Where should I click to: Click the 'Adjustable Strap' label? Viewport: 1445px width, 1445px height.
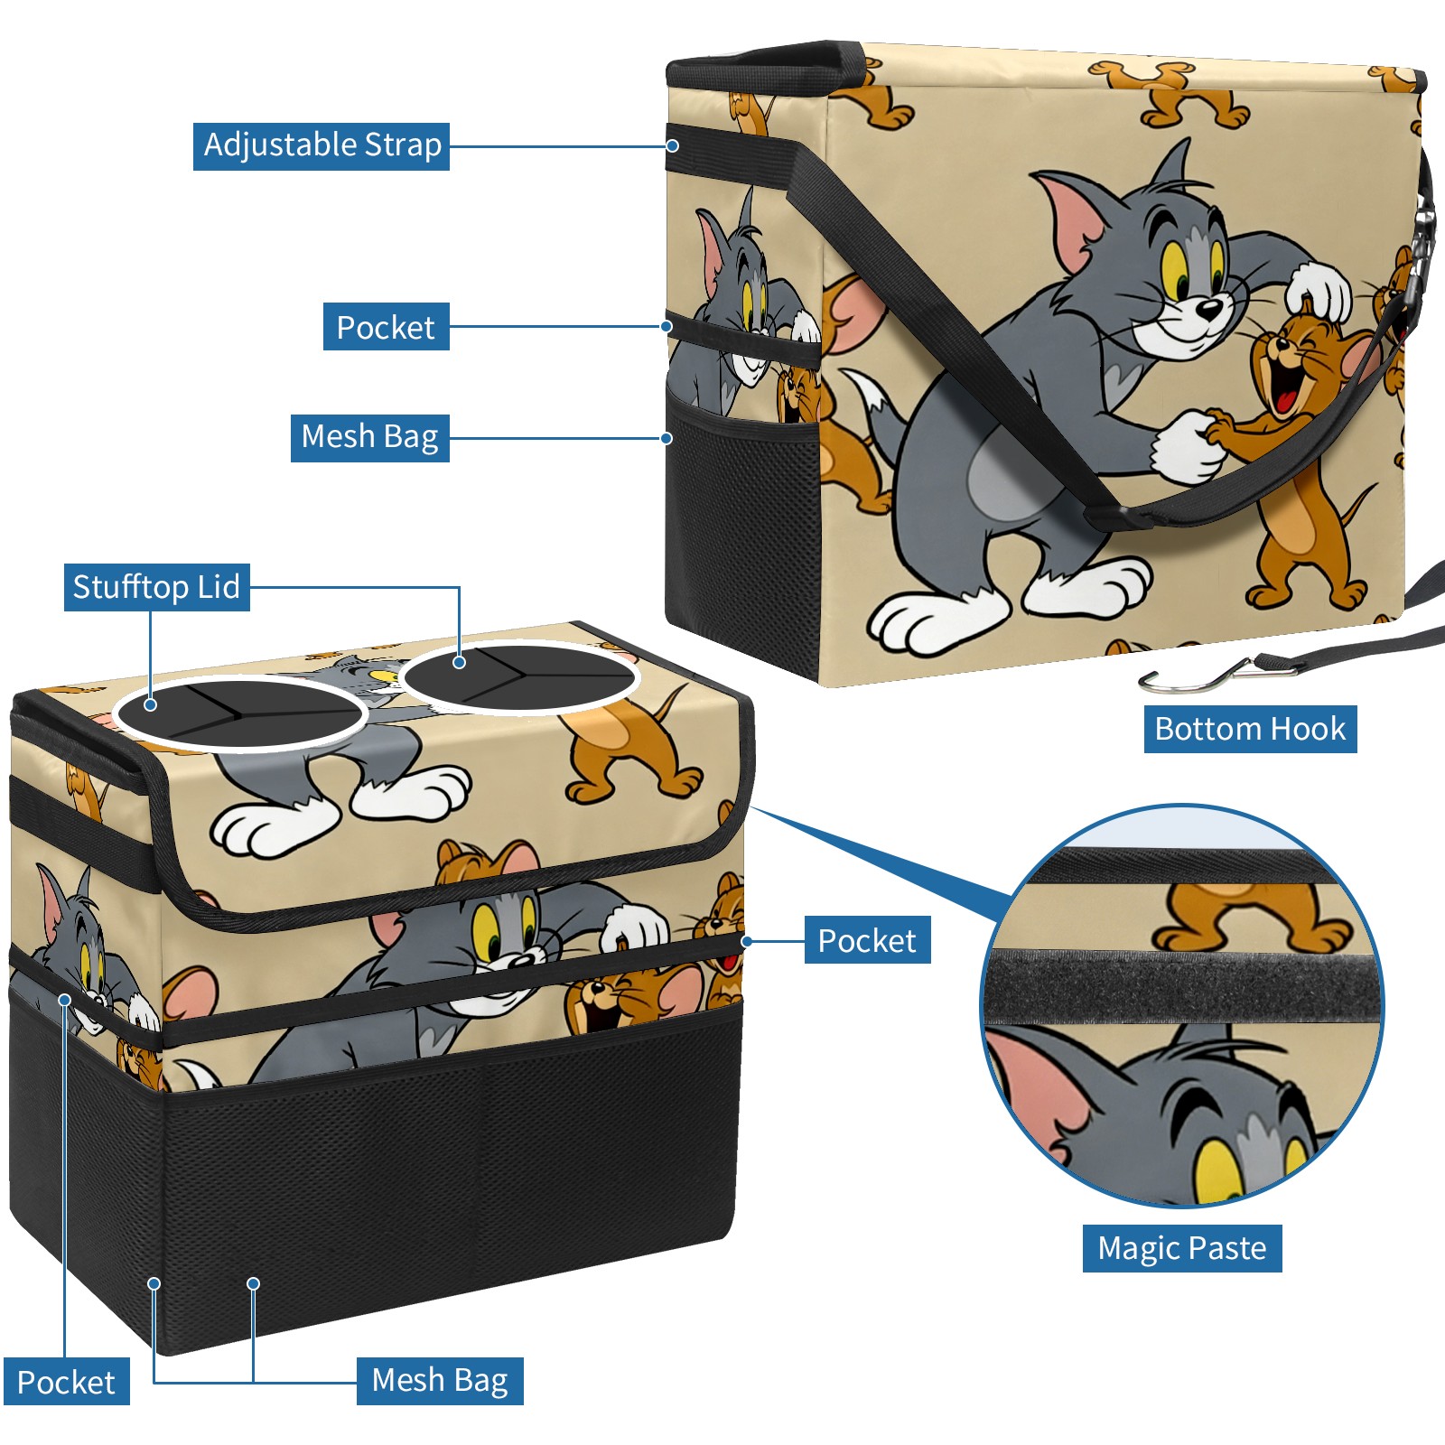pyautogui.click(x=322, y=145)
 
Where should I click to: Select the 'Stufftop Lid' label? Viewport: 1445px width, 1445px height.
pyautogui.click(x=156, y=587)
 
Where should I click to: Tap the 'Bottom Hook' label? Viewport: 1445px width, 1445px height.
pyautogui.click(x=1250, y=729)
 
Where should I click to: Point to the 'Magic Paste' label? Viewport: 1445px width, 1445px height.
pyautogui.click(x=1181, y=1248)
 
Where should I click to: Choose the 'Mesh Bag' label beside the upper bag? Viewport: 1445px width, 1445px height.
pyautogui.click(x=369, y=437)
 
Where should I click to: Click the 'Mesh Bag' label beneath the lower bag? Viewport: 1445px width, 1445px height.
pyautogui.click(x=440, y=1380)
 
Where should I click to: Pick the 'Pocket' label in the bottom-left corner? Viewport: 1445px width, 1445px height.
pyautogui.click(x=66, y=1382)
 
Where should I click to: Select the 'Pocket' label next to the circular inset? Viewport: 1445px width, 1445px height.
pyautogui.click(x=867, y=940)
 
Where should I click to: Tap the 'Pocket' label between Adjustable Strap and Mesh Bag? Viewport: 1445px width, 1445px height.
pyautogui.click(x=386, y=327)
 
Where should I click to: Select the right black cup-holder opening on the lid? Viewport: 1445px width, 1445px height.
pyautogui.click(x=520, y=676)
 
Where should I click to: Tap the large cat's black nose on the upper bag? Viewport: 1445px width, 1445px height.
pyautogui.click(x=1208, y=310)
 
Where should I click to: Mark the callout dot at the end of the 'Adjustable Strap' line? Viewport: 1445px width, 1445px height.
pyautogui.click(x=673, y=145)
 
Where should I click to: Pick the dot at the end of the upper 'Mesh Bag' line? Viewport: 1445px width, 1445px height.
pyautogui.click(x=667, y=438)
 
